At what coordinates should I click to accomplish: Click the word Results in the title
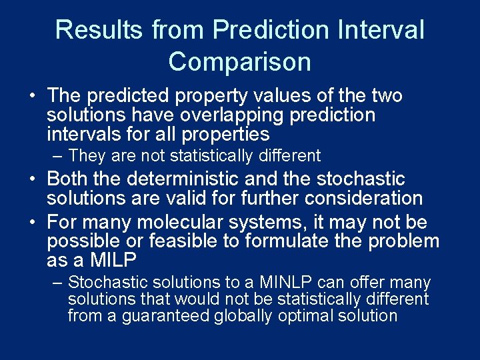point(99,30)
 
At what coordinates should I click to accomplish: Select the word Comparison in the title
point(239,62)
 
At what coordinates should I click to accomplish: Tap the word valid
point(221,199)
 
